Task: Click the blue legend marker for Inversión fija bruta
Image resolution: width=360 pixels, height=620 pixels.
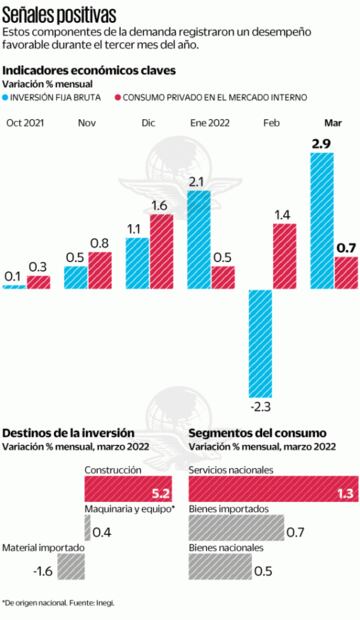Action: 8,97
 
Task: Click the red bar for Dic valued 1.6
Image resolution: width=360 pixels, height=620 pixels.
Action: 161,251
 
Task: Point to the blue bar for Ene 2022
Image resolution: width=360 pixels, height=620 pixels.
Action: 198,240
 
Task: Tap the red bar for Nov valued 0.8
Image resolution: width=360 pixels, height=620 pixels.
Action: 100,270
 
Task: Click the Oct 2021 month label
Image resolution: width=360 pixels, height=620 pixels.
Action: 25,122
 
